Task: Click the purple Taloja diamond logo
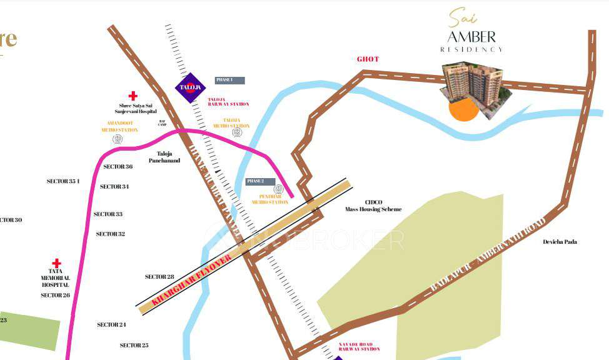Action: tap(190, 87)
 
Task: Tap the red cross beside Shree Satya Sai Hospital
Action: tap(133, 96)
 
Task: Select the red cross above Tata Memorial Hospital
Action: tap(56, 264)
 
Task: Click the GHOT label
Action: tap(368, 59)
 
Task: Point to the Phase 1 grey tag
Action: tap(229, 80)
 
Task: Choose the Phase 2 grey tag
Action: tap(259, 181)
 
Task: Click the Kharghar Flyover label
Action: tap(193, 279)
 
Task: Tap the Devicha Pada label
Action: tap(560, 242)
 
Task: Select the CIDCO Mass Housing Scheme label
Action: tap(373, 206)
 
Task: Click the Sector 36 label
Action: tap(118, 167)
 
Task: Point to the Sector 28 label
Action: tap(159, 276)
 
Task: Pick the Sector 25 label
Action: tap(134, 345)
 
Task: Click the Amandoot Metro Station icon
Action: tap(117, 139)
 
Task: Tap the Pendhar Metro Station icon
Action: tap(278, 189)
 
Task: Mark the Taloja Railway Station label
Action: tap(228, 102)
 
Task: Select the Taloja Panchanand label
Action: tap(164, 157)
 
